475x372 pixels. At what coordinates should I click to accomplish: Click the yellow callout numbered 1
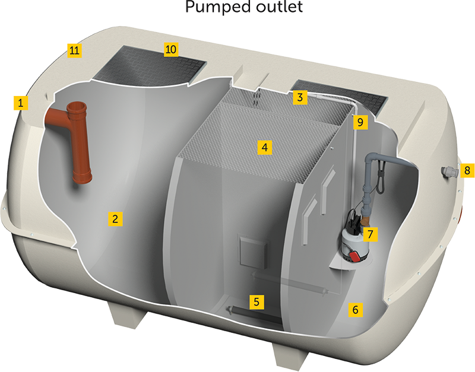21,103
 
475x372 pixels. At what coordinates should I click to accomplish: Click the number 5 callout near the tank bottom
256,301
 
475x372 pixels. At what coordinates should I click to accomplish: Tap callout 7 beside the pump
370,234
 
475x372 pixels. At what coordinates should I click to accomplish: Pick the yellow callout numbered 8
467,170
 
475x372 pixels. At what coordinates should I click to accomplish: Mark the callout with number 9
358,123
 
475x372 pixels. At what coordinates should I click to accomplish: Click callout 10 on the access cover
170,49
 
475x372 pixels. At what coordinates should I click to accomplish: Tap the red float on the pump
354,257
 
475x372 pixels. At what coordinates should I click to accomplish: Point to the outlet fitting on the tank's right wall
448,172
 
